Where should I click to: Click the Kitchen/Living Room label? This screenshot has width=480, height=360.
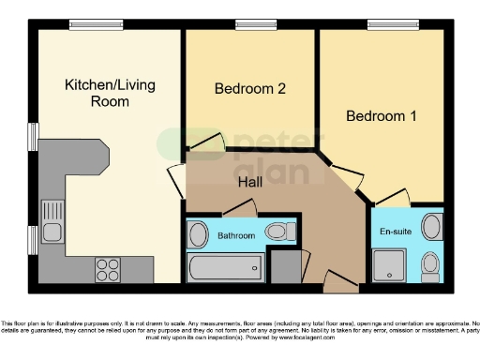pyautogui.click(x=110, y=93)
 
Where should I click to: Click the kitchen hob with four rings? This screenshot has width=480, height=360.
pyautogui.click(x=108, y=268)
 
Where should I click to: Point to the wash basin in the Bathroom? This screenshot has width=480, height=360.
pyautogui.click(x=199, y=234)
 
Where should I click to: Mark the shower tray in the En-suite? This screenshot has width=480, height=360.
pyautogui.click(x=389, y=265)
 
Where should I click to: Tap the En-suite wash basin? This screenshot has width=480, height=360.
pyautogui.click(x=432, y=227)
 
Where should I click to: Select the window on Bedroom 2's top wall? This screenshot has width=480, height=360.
pyautogui.click(x=249, y=25)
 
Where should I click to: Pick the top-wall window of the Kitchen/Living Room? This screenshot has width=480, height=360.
pyautogui.click(x=96, y=25)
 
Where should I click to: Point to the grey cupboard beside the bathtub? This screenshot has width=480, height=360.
pyautogui.click(x=282, y=266)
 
